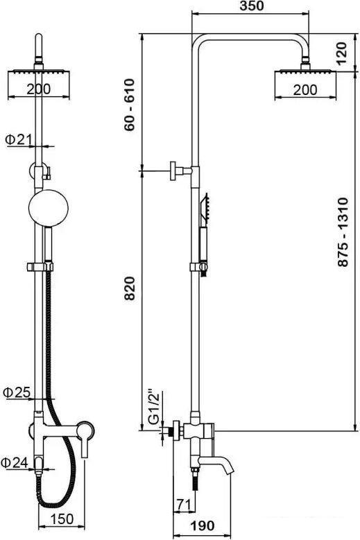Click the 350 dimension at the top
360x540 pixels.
click(x=251, y=6)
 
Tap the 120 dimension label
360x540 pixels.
click(x=341, y=53)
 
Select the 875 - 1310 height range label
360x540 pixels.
click(x=343, y=232)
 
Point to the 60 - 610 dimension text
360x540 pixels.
click(x=130, y=105)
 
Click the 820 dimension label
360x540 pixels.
click(x=130, y=288)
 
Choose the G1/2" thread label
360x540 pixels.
click(x=154, y=407)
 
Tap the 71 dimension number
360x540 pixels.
click(x=183, y=505)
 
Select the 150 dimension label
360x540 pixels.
click(x=62, y=519)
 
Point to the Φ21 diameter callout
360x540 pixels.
click(x=19, y=139)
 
